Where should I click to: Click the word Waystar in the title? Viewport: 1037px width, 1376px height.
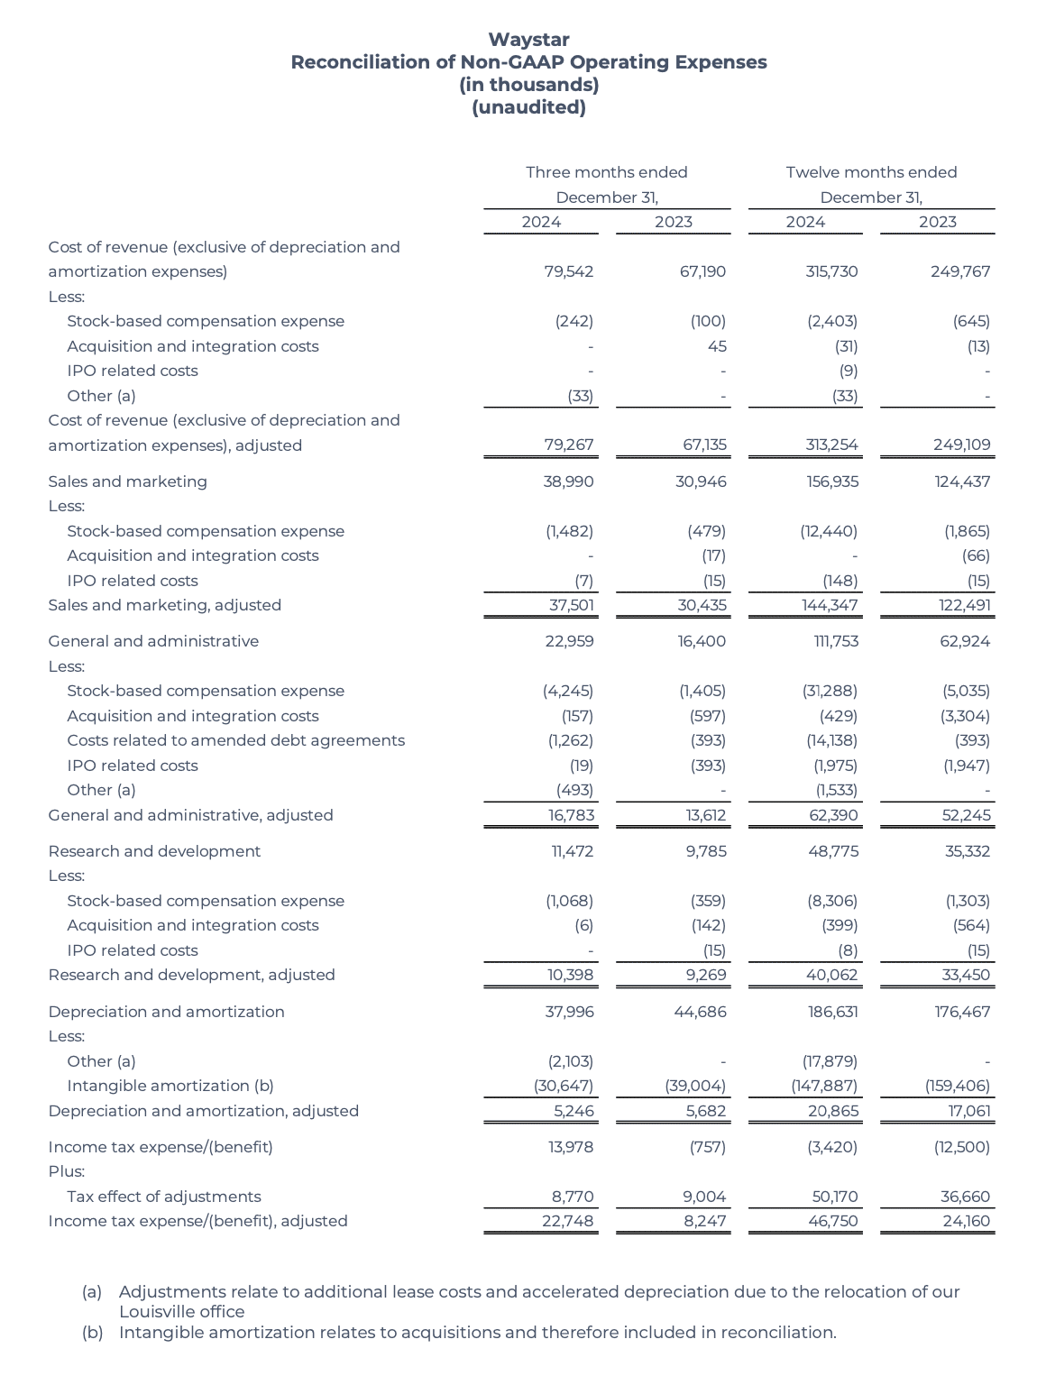point(528,40)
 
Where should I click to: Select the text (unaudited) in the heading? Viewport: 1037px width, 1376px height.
point(528,107)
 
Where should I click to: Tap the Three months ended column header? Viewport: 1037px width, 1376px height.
point(606,172)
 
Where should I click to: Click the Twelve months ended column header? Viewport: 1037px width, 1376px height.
point(871,172)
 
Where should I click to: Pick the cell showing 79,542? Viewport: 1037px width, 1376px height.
point(569,271)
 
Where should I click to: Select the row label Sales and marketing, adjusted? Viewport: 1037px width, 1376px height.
point(165,605)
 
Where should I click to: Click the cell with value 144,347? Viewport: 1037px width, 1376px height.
point(830,605)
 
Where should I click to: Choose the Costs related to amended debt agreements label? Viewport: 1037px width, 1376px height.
point(235,740)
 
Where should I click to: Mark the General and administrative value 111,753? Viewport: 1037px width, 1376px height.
point(832,641)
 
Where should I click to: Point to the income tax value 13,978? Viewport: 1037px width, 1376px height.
point(571,1147)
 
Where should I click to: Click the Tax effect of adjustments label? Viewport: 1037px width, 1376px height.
point(164,1197)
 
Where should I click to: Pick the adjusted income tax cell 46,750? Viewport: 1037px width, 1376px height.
point(833,1221)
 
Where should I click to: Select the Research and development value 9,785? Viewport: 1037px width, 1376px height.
point(705,851)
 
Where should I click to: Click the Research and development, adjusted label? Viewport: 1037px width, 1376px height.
point(191,975)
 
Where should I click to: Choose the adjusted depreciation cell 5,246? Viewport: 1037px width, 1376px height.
point(574,1111)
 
